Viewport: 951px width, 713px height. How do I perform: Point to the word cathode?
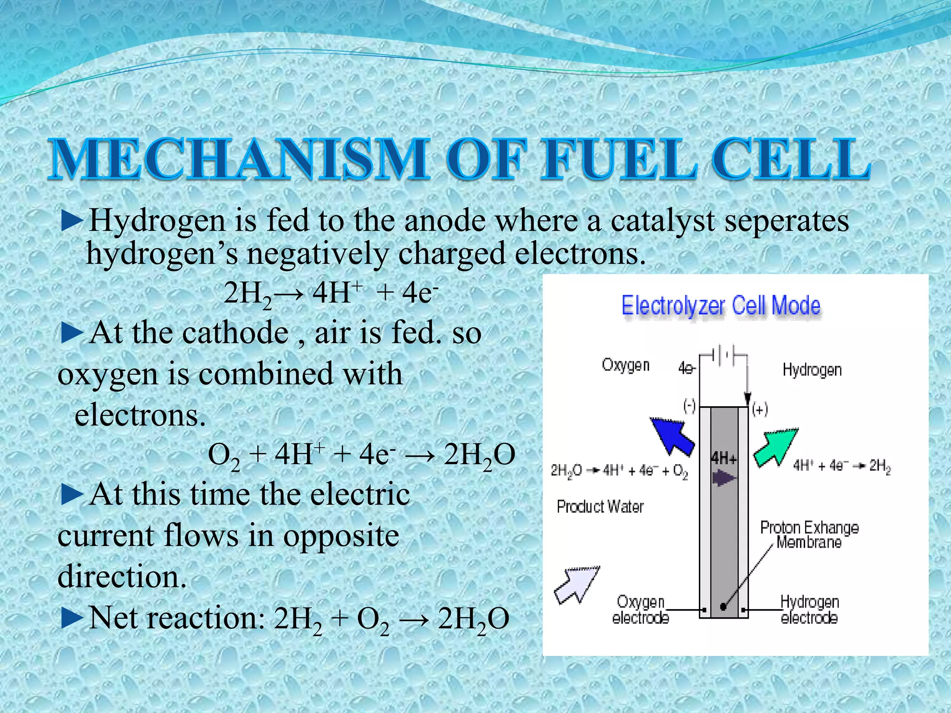point(235,333)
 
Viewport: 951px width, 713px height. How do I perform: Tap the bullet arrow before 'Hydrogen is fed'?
point(72,221)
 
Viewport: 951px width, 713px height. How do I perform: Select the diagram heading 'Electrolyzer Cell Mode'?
point(721,306)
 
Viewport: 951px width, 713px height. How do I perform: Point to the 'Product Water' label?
point(600,506)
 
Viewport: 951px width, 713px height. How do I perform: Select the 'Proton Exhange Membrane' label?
point(809,535)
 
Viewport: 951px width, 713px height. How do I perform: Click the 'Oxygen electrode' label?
point(640,609)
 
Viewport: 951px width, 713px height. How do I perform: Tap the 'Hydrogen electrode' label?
point(809,609)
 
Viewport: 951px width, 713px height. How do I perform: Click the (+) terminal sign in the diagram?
point(760,409)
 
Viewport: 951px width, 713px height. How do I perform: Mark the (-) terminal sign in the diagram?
point(690,407)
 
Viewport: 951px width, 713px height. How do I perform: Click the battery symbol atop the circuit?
point(723,356)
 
